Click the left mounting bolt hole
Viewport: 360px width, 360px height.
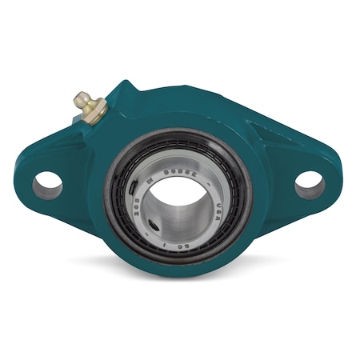47,184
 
